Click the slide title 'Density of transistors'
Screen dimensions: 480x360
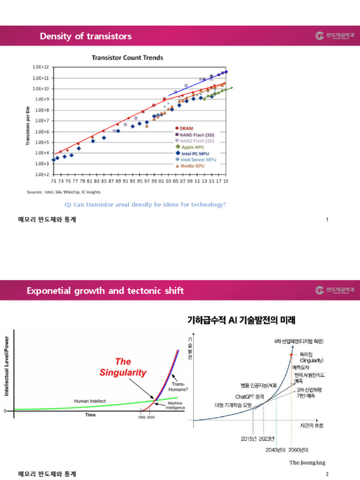click(x=86, y=36)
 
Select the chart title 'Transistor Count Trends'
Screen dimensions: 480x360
click(x=127, y=58)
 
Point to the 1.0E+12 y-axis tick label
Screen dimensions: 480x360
click(x=41, y=67)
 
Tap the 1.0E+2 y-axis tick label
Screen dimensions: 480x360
click(x=41, y=174)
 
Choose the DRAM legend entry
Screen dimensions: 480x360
click(x=187, y=128)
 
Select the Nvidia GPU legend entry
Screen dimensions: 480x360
click(x=196, y=165)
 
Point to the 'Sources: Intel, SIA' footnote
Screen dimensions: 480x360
click(x=63, y=192)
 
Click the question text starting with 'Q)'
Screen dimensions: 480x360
click(x=145, y=204)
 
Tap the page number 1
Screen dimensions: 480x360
click(x=326, y=219)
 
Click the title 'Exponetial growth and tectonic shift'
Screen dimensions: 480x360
click(x=105, y=291)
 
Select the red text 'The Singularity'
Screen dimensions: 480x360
click(x=123, y=367)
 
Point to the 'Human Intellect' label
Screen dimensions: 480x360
click(x=90, y=401)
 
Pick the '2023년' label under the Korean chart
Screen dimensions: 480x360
click(x=266, y=439)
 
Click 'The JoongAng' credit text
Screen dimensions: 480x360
click(x=306, y=463)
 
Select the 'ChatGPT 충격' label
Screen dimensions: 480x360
click(x=249, y=396)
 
